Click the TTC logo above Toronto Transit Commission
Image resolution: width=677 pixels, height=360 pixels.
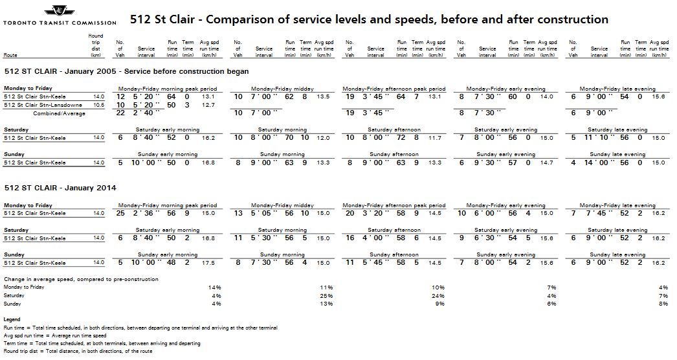click(59, 11)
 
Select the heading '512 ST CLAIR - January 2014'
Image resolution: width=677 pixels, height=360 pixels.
click(60, 188)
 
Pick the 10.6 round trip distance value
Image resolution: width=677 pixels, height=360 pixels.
click(98, 104)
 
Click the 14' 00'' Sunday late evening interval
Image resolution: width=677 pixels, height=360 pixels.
click(595, 163)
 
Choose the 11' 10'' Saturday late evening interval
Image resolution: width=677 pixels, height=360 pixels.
click(595, 138)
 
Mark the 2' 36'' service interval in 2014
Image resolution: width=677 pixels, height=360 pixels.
click(144, 213)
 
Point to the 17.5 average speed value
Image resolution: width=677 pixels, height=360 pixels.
click(208, 263)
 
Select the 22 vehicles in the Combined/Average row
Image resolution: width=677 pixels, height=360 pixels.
click(120, 113)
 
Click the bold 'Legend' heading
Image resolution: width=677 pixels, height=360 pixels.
click(12, 320)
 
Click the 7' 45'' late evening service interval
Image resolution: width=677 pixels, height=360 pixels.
click(595, 213)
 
